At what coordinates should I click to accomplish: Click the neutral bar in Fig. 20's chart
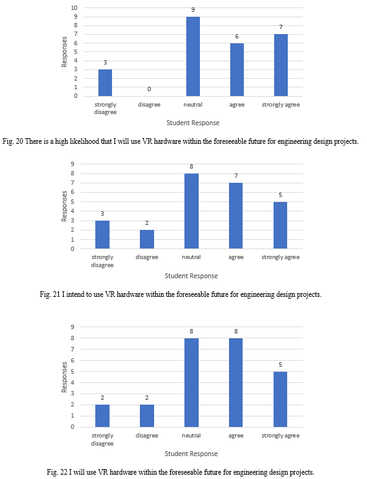193,56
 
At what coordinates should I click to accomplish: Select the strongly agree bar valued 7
280,65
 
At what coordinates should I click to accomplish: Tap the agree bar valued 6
237,69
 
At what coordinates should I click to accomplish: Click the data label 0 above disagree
149,89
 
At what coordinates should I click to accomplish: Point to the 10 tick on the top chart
74,7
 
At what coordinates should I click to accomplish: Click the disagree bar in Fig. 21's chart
147,239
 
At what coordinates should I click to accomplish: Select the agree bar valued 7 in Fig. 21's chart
236,216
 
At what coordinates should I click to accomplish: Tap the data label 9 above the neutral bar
193,10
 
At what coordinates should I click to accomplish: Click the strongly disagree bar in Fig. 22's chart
102,416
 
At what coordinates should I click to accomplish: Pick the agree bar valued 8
236,382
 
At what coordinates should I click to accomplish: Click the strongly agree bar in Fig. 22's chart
280,399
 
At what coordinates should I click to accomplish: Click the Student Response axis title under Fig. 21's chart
191,276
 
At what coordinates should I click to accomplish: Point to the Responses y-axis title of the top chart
64,51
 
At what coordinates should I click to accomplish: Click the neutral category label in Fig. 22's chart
191,436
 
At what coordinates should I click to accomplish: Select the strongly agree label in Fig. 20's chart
280,105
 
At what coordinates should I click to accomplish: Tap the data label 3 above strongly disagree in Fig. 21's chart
102,214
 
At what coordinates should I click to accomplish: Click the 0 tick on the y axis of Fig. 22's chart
72,427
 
